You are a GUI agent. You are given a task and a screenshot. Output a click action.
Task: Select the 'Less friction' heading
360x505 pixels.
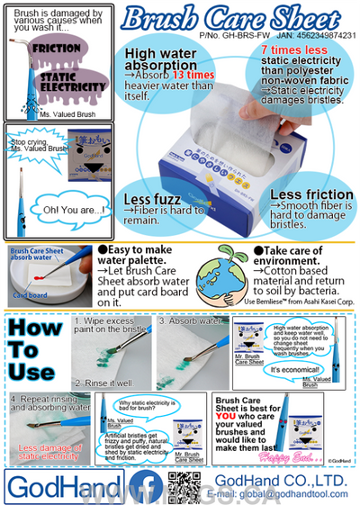[x=311, y=194]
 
